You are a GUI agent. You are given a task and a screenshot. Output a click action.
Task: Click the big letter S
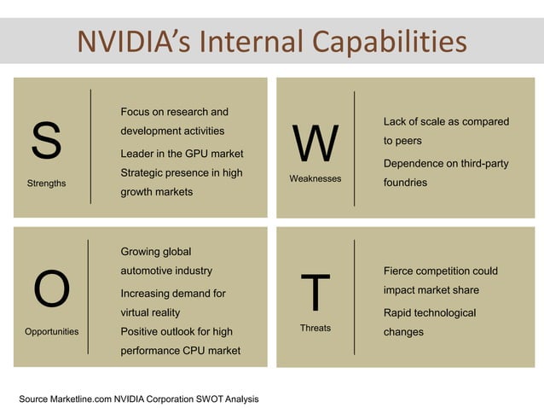[46, 141]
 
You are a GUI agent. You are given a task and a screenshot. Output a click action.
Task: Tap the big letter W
[315, 144]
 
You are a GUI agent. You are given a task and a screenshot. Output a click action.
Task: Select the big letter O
[51, 290]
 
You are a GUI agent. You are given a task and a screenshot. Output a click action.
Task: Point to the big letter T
[315, 293]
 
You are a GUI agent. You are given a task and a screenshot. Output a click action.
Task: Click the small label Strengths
[46, 184]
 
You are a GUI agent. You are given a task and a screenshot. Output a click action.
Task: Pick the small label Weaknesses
[315, 178]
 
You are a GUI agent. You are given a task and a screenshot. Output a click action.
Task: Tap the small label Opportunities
[52, 331]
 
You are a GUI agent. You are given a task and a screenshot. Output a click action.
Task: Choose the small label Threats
[315, 328]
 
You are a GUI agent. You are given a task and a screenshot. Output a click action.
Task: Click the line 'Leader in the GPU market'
[182, 154]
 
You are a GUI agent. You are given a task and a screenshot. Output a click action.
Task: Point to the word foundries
[405, 183]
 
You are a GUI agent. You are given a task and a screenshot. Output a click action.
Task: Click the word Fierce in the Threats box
[399, 271]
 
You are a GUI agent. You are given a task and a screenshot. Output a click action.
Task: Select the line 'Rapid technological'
[430, 312]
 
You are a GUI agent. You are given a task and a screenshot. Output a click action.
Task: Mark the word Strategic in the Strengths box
[142, 173]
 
